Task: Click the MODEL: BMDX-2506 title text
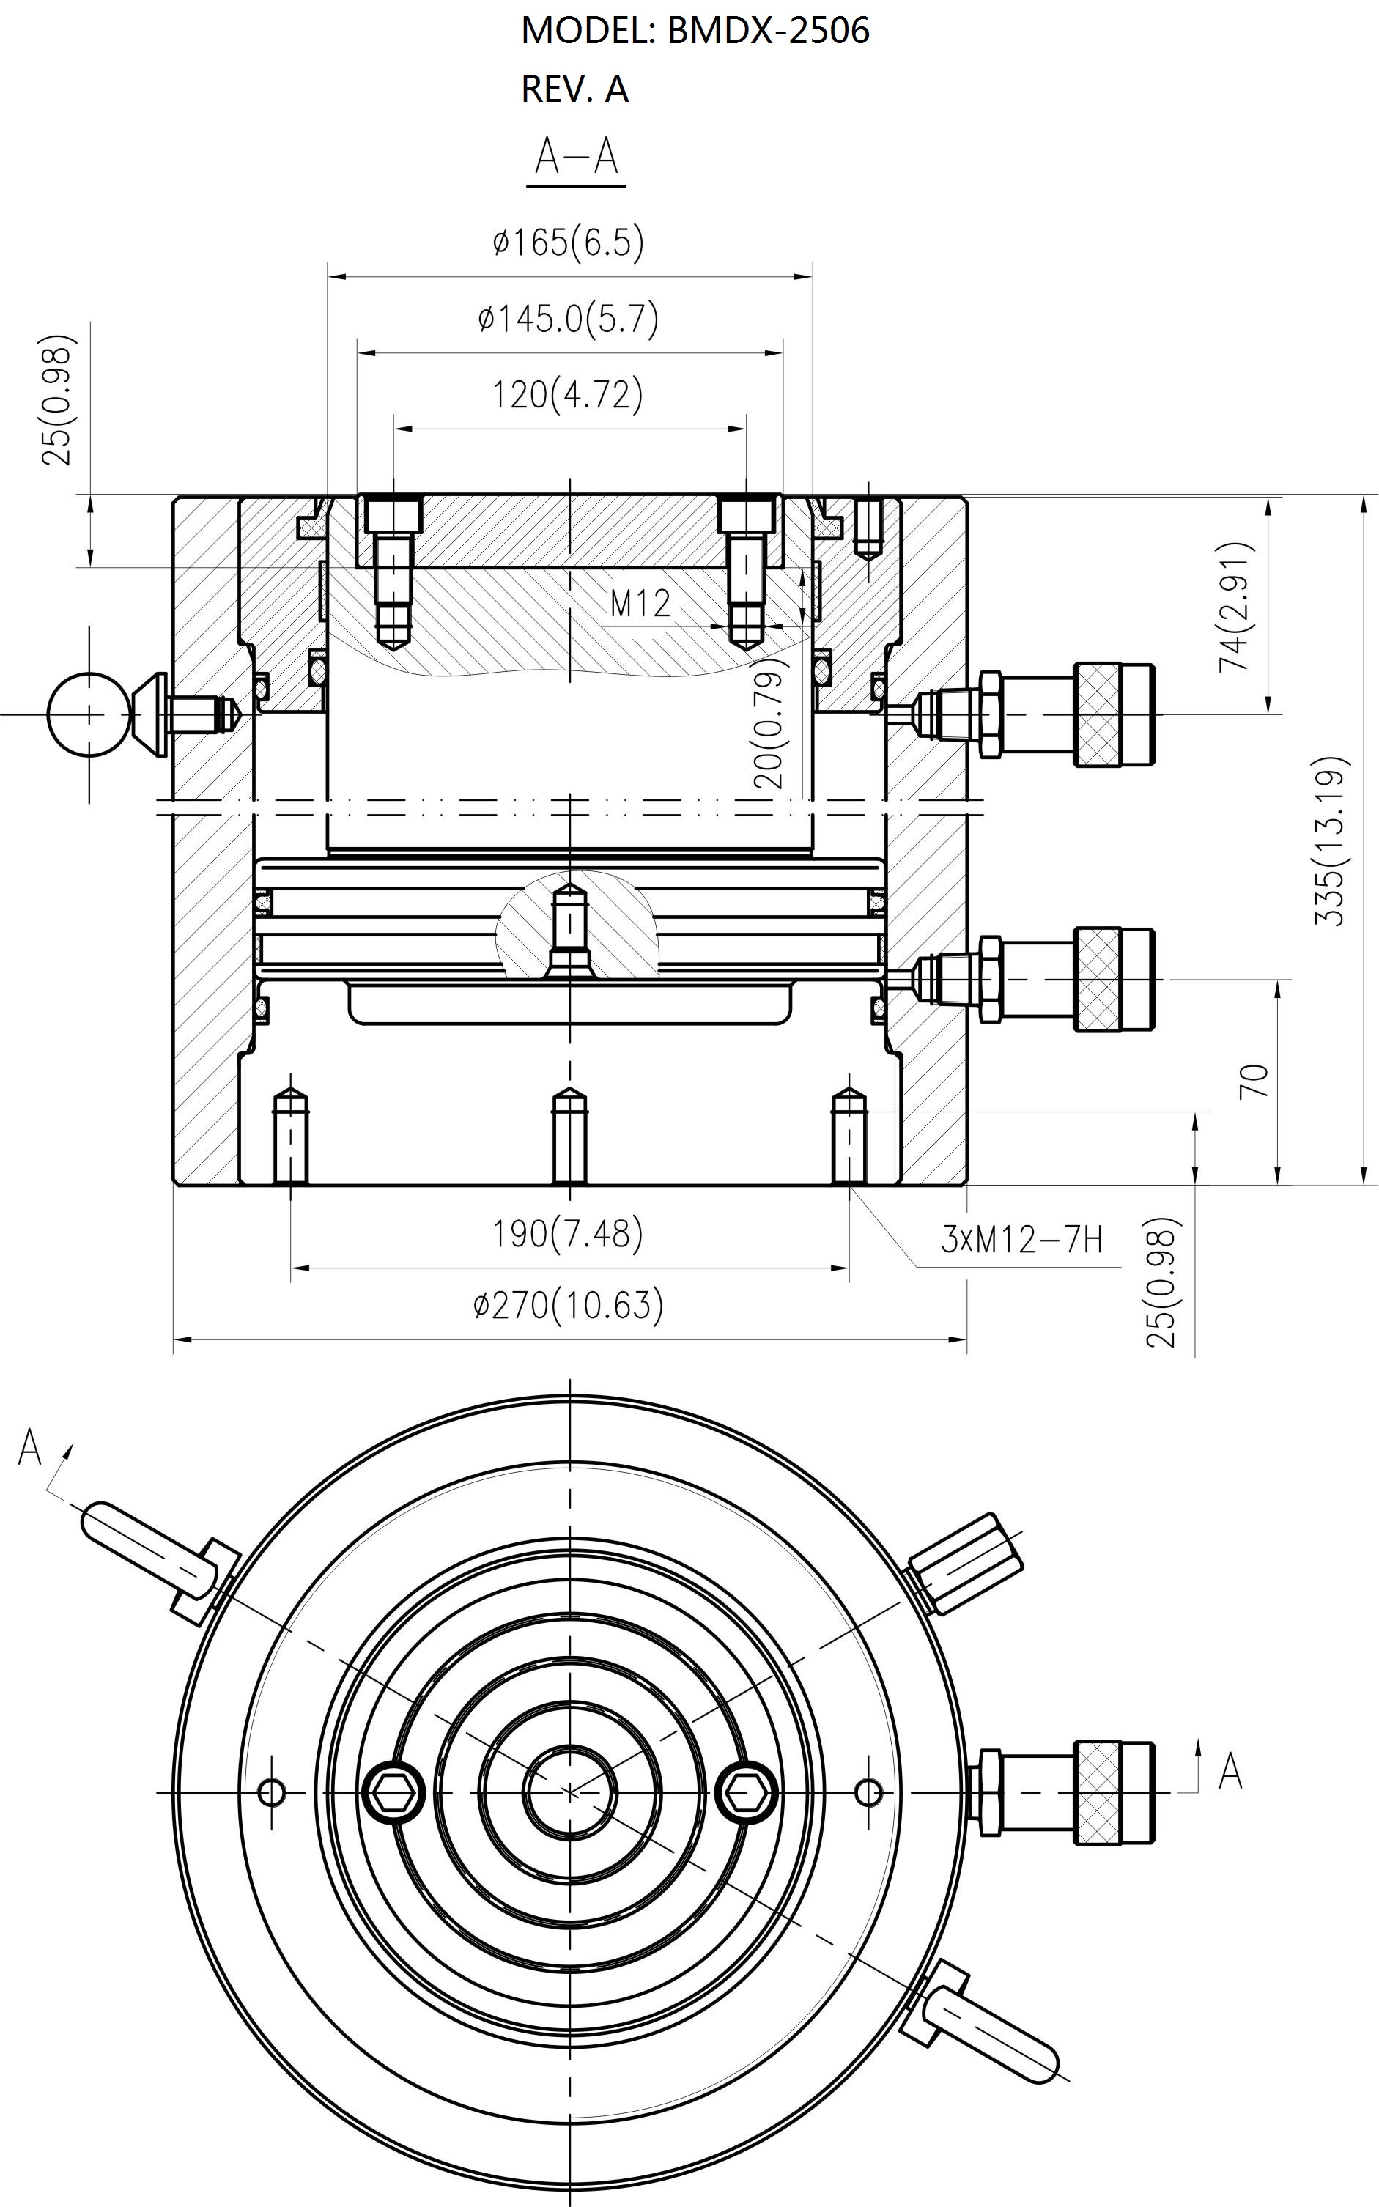pos(695,31)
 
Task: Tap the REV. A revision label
pos(574,89)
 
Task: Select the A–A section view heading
pos(577,157)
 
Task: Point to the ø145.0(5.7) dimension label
pos(568,318)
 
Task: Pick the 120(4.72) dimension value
pos(568,394)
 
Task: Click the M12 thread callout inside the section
pos(640,603)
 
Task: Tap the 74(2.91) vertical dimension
pos(1237,607)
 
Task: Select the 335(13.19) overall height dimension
pos(1330,841)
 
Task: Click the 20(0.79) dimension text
pos(769,723)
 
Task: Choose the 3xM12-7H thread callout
pos(1021,1239)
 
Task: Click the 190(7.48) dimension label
pos(568,1234)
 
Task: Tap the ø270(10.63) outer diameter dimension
pos(568,1306)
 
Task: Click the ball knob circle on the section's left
pos(89,714)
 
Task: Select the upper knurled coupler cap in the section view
pos(1114,714)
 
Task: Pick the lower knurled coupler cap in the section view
pos(1114,980)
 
